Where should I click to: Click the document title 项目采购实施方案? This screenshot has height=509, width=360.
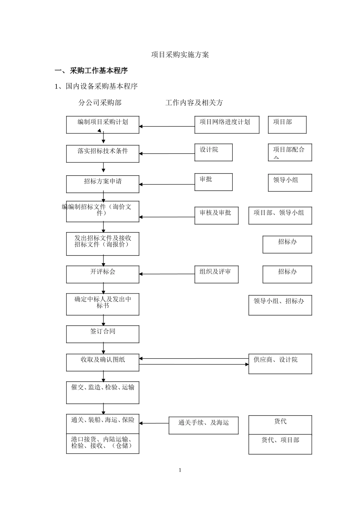point(180,55)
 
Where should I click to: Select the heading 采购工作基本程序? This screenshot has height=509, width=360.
point(99,70)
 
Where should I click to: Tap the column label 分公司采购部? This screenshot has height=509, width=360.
point(100,103)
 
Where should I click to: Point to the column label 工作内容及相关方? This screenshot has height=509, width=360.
point(194,103)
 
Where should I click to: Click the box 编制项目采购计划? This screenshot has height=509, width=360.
point(103,125)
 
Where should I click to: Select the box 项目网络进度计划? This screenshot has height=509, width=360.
point(227,125)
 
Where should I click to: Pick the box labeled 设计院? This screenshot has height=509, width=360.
point(213,152)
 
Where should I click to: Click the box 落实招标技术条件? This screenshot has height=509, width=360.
point(103,154)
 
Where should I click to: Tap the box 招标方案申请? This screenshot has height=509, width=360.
point(103,184)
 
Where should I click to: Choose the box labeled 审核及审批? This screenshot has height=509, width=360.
point(216,215)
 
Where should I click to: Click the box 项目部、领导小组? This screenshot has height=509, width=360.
point(280,215)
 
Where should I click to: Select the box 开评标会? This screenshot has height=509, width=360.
point(103,274)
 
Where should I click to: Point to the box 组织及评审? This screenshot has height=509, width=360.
point(216,274)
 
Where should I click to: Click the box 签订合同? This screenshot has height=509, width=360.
point(103,334)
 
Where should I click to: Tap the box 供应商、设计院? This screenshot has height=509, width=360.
point(280,364)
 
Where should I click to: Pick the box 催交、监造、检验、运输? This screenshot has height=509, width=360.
point(103,392)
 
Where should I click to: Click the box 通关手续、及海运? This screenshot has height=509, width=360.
point(203,426)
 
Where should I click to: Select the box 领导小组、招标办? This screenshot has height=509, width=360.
point(280,305)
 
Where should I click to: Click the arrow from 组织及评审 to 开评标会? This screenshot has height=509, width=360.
point(167,274)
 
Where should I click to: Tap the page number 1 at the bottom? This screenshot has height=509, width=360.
point(180,470)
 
